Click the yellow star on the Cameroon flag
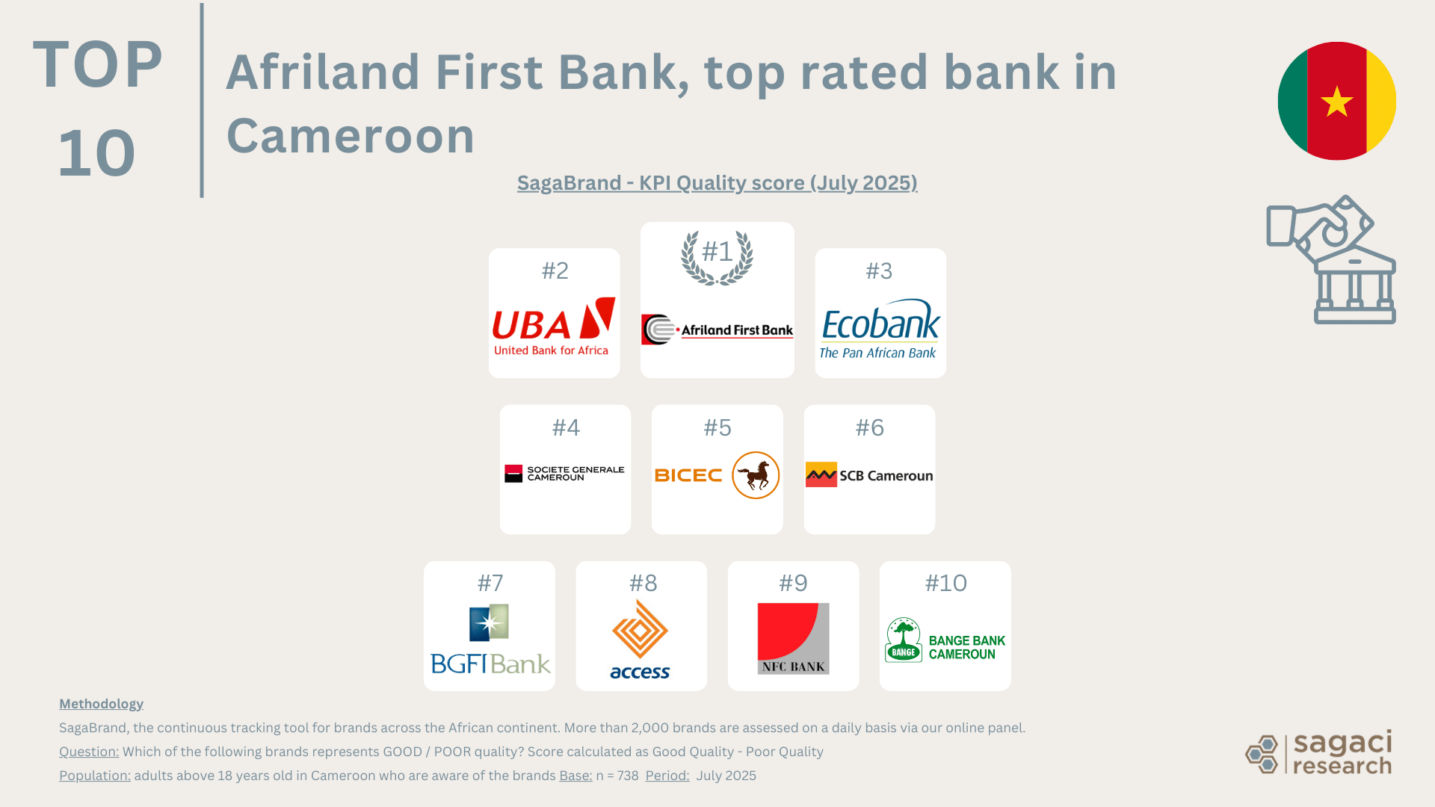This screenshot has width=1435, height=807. (x=1336, y=102)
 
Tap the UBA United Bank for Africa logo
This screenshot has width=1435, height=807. (x=553, y=327)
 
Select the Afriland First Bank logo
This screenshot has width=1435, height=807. (x=717, y=330)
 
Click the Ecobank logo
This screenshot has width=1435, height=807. (x=880, y=330)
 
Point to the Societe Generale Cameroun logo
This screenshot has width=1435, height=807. (x=564, y=474)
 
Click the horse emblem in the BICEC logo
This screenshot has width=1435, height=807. (x=756, y=475)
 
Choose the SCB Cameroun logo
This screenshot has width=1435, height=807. (x=869, y=475)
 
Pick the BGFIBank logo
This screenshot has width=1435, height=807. (x=490, y=640)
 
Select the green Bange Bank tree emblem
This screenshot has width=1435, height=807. (x=904, y=640)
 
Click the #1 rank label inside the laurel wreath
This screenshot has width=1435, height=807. (x=717, y=252)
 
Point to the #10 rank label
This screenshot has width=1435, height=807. (x=945, y=583)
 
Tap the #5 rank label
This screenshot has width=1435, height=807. (x=717, y=427)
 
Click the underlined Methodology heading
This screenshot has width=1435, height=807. (x=101, y=704)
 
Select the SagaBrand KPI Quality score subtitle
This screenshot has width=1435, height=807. (x=717, y=183)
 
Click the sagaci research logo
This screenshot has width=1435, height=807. (x=1319, y=752)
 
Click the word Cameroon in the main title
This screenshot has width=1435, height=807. (x=351, y=136)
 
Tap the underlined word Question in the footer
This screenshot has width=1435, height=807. (x=89, y=752)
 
